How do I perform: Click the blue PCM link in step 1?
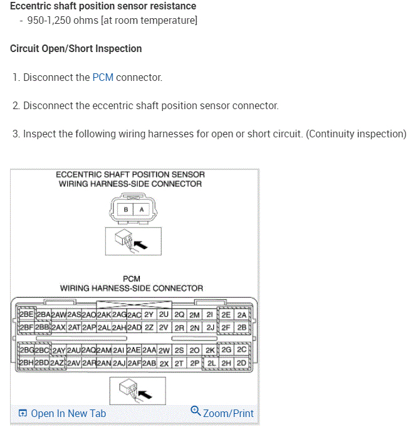coord(103,78)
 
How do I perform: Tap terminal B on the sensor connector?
coord(126,209)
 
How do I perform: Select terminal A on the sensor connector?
coord(141,209)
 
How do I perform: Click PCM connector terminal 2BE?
coord(26,315)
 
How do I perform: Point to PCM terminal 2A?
coord(242,315)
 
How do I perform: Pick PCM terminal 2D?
coord(241,362)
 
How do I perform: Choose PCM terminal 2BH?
coord(26,362)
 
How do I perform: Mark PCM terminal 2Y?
coord(149,315)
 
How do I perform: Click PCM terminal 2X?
coord(164,362)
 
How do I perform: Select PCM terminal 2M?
coord(195,315)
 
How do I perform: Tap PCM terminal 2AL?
coord(104,327)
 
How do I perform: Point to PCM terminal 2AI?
coord(119,350)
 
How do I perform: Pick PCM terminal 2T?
coord(179,362)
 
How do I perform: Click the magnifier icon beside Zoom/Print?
coord(196,411)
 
